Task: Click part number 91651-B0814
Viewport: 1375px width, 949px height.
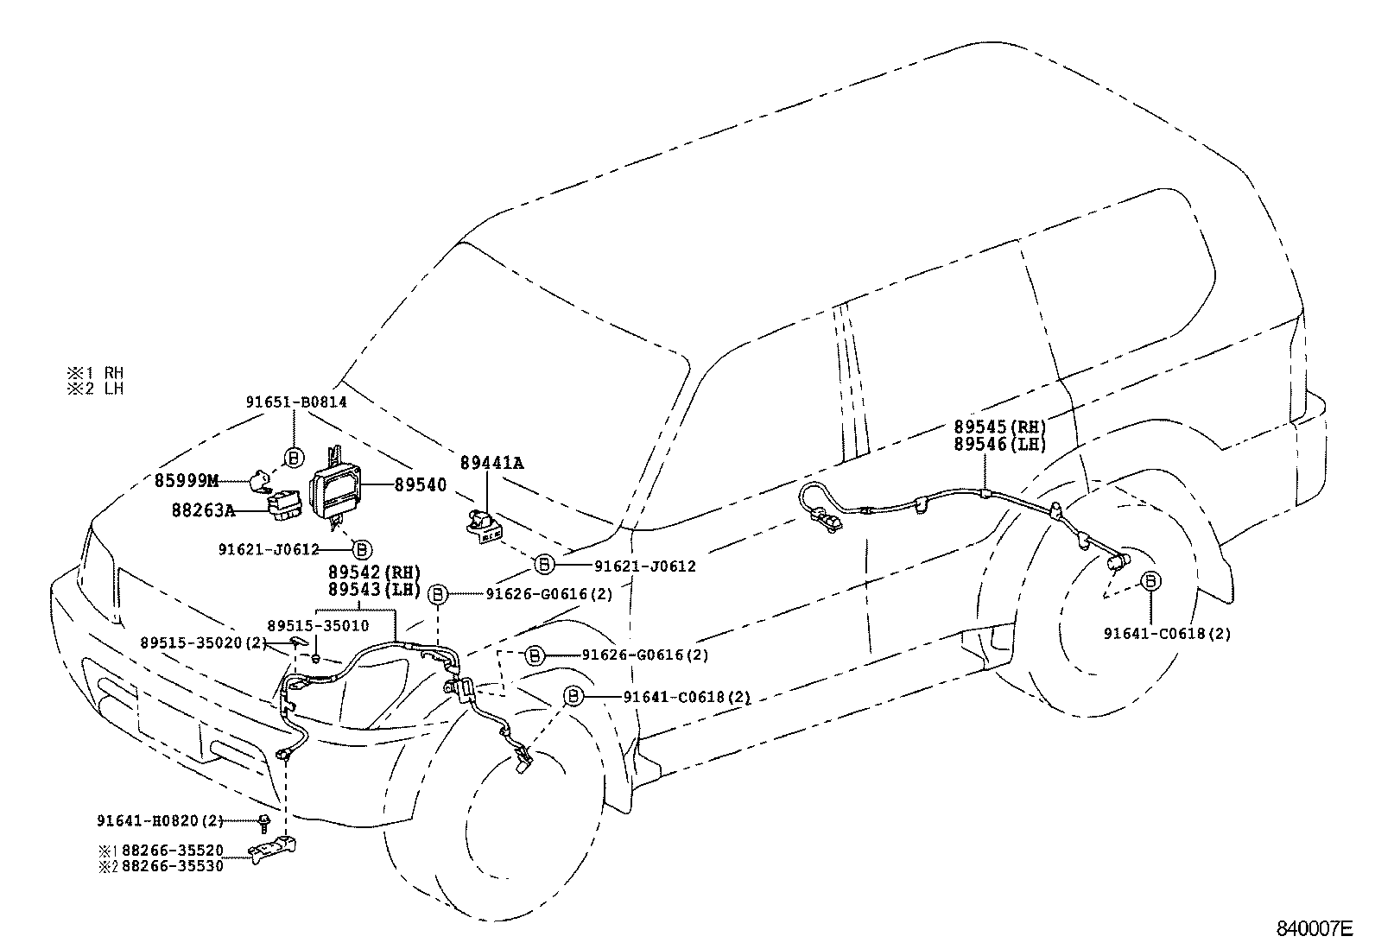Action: click(296, 402)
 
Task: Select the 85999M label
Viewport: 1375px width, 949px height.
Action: click(187, 480)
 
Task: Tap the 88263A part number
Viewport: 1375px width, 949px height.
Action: click(203, 510)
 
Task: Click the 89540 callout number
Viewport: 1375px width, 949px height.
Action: click(421, 485)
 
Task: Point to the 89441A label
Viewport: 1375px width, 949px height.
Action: click(491, 463)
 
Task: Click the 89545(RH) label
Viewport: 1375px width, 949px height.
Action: click(1000, 427)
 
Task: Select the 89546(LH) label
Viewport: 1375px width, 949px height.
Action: click(1000, 444)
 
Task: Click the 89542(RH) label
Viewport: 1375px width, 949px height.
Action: click(373, 573)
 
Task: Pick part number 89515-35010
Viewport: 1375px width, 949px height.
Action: click(318, 625)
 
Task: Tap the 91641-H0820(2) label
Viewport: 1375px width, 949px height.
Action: click(160, 821)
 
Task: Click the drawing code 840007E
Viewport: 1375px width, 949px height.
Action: click(1315, 929)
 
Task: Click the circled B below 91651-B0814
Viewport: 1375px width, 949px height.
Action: click(294, 456)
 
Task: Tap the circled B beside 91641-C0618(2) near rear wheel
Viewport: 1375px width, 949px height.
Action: click(1151, 581)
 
